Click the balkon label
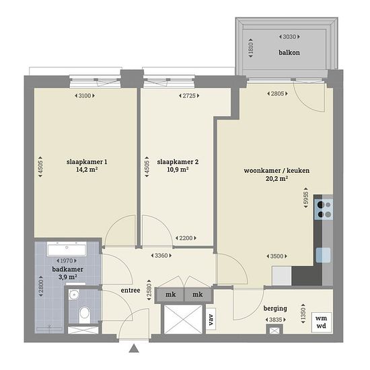pos(289,52)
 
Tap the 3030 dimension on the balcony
pos(289,37)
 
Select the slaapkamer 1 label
pos(87,162)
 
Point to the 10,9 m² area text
pos(178,170)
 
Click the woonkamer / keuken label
pos(276,170)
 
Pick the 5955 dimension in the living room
pos(305,198)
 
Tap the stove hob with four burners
pos(324,209)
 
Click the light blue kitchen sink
pos(323,255)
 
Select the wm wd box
pos(321,322)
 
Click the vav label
pos(211,320)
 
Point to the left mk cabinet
pos(170,295)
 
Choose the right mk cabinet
pos(198,295)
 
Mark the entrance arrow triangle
pos(134,348)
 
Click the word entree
pos(131,290)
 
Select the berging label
pos(275,308)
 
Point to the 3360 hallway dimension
pos(161,256)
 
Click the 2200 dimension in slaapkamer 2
pos(186,238)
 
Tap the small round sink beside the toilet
pos(74,295)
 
